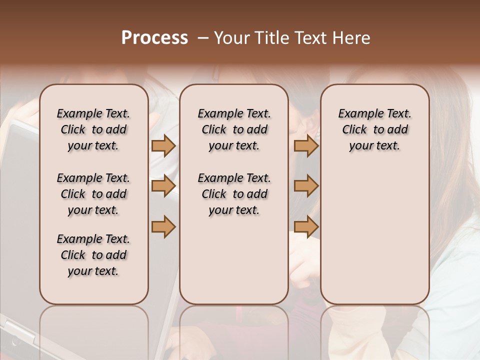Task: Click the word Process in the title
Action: [x=154, y=38]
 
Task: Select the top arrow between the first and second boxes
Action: [x=163, y=145]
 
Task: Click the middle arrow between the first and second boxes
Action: [x=163, y=186]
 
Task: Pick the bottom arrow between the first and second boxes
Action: [x=163, y=226]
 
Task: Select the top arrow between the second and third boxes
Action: [x=306, y=145]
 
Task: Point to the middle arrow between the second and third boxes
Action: [x=306, y=186]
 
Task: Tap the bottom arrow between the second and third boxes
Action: [x=306, y=226]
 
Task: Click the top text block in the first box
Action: [x=93, y=129]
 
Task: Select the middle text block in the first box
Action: [x=93, y=194]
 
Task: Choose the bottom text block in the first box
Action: [x=93, y=255]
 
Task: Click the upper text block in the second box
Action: [x=234, y=129]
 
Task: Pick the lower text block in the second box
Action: [x=234, y=194]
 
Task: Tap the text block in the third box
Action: [x=374, y=129]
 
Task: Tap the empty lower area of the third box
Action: [x=374, y=240]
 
